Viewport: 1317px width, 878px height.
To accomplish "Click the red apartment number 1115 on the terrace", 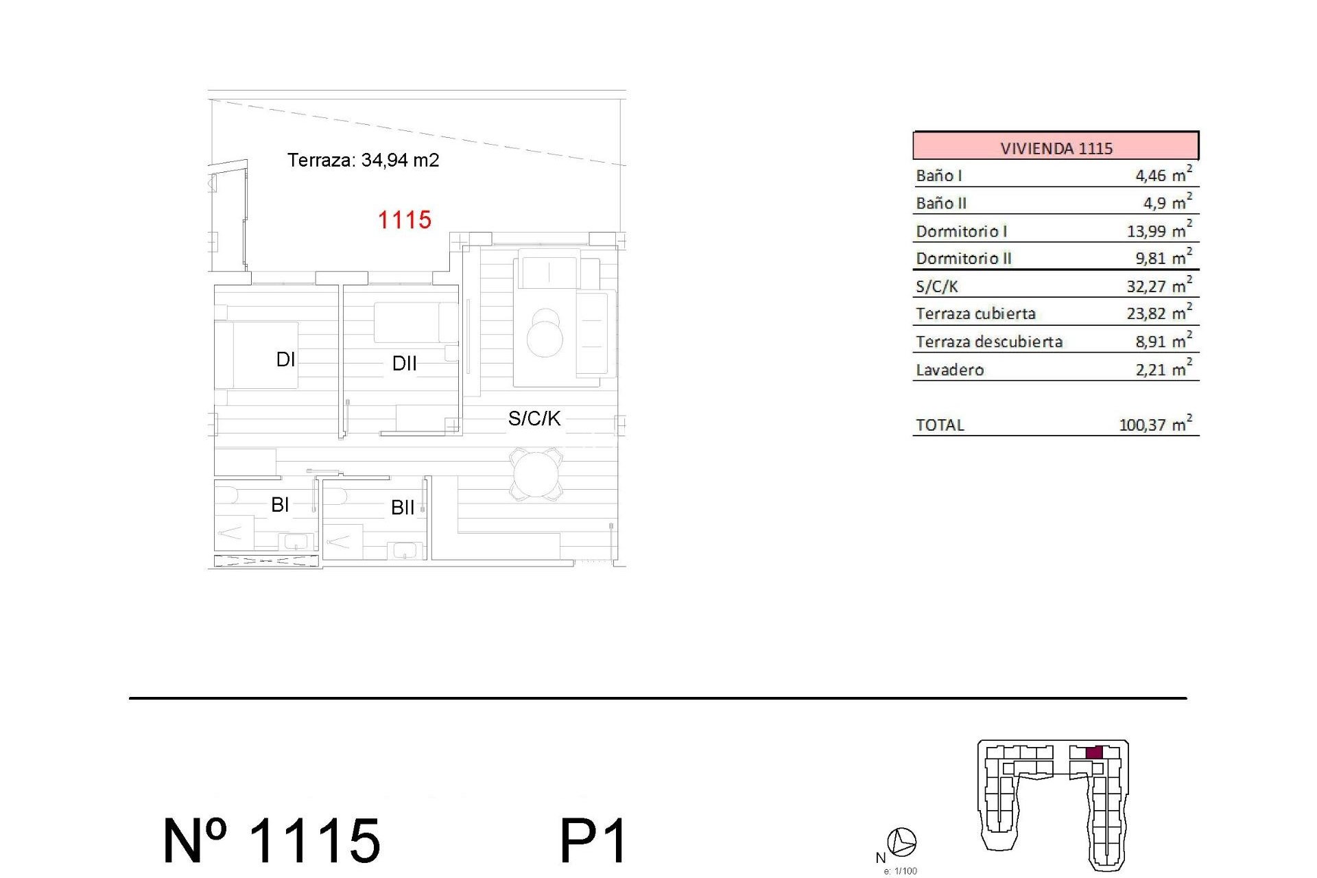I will coord(404,220).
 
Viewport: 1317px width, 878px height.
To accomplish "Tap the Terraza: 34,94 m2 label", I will coord(363,160).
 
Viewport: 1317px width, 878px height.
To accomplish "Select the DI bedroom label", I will coord(285,359).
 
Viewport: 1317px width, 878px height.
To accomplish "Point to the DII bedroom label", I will coord(404,364).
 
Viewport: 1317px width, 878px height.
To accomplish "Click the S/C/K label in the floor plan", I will coord(534,418).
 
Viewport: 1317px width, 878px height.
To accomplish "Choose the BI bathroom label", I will coord(280,505).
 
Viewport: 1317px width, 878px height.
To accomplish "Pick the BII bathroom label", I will coord(403,508).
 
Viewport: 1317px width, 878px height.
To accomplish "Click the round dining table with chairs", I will coord(536,474).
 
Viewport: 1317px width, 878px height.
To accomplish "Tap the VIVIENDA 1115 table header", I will coord(1056,147).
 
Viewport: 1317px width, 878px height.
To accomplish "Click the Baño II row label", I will coord(941,203).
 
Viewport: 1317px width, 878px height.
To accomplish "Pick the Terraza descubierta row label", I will coord(988,342).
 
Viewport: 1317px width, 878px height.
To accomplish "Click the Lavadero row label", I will coord(949,370).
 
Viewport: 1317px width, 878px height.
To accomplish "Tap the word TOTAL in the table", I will coord(940,425).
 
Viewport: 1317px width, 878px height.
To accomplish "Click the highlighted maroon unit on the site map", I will coord(1094,752).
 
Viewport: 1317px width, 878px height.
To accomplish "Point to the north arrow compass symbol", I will coord(901,842).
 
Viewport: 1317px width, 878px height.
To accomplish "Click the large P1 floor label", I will coord(593,841).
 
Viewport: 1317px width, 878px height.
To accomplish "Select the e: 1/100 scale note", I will coord(900,871).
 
